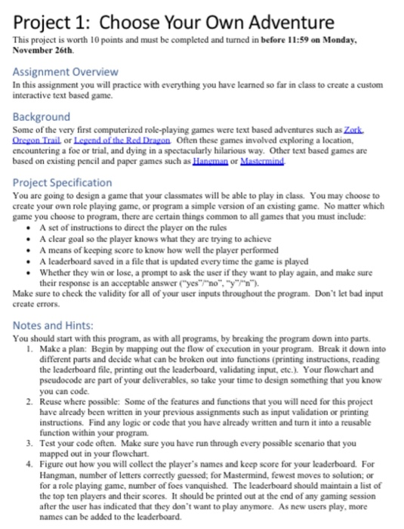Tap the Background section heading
point(42,117)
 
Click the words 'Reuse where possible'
point(71,404)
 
